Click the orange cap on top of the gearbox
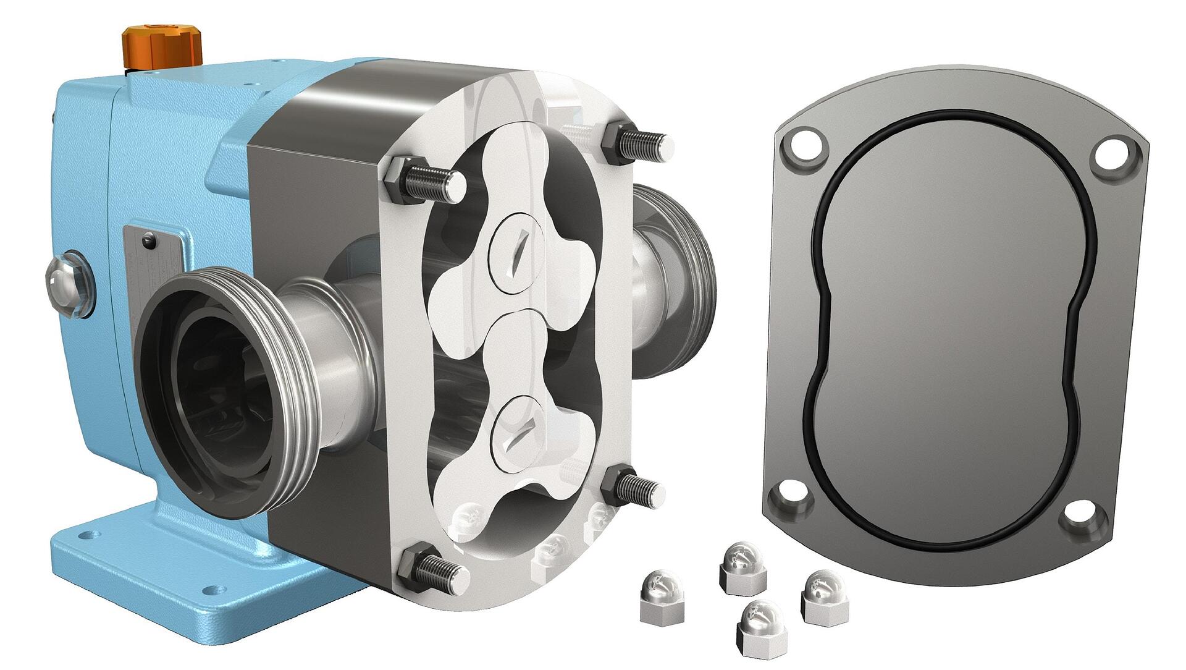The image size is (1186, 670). [x=162, y=46]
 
